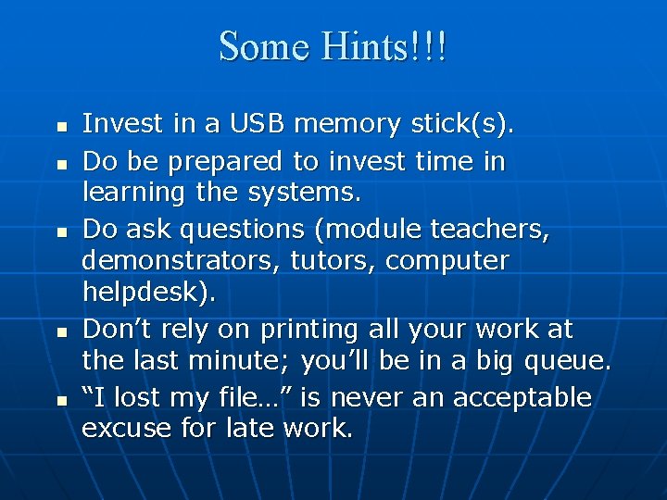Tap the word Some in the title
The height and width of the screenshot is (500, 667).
[262, 45]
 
